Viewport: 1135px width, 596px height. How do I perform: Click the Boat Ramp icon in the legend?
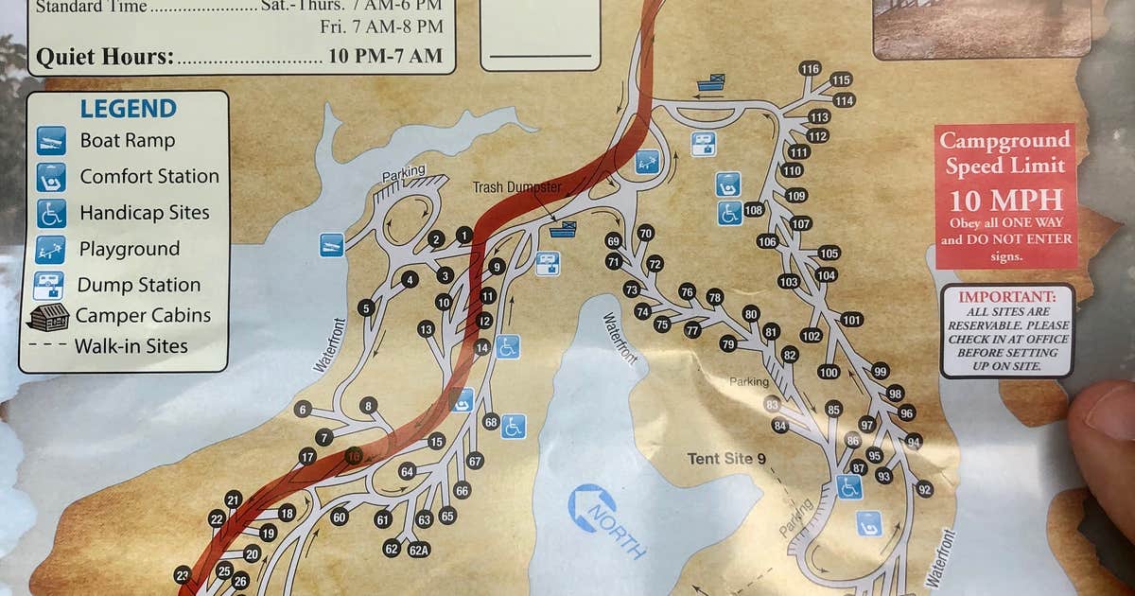(51, 141)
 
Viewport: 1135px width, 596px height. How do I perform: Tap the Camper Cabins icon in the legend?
(49, 316)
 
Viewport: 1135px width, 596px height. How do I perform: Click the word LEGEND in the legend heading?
(128, 109)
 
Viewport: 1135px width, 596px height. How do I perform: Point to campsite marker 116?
(810, 68)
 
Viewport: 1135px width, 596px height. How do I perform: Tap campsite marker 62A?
(419, 550)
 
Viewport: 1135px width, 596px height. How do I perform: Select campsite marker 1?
(463, 234)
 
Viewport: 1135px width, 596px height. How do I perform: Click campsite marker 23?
(183, 574)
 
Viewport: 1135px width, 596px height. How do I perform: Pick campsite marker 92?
(924, 489)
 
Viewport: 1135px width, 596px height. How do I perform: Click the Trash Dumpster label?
(516, 187)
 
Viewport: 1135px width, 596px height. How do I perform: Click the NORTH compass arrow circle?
(592, 508)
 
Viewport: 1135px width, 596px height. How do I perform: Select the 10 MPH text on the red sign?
(1005, 201)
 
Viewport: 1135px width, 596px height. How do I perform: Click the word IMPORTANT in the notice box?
(1006, 296)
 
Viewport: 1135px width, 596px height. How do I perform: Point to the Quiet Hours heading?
(104, 57)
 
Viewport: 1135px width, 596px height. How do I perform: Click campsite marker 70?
(646, 233)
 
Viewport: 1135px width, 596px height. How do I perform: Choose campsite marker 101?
(851, 319)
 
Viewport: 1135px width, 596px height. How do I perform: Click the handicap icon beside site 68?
(514, 427)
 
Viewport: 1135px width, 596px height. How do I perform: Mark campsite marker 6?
(303, 409)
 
